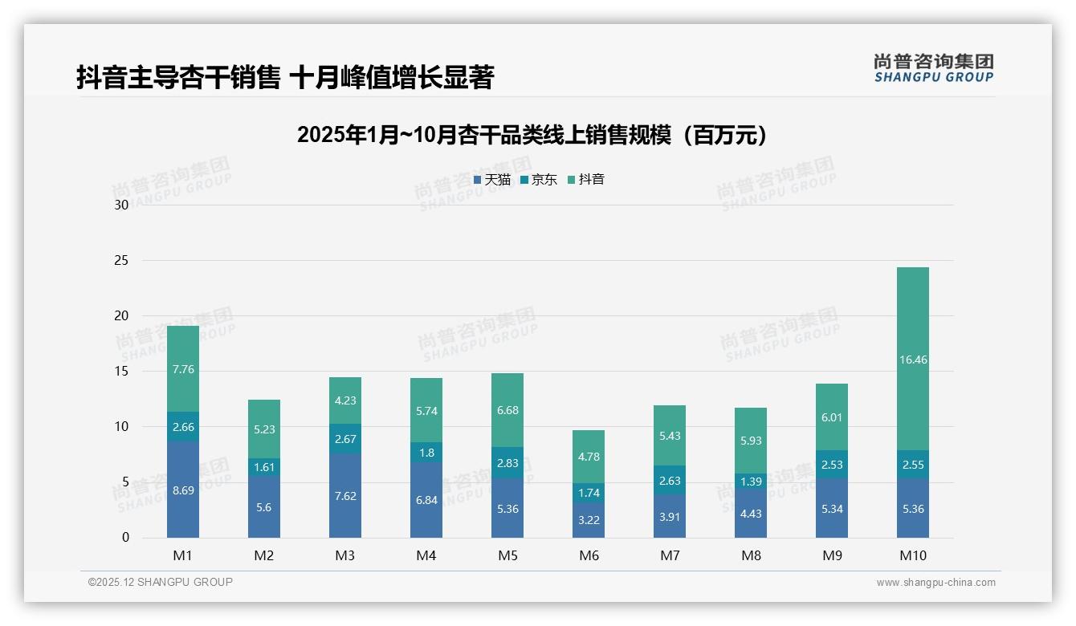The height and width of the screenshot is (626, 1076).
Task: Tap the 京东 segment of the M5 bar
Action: [x=507, y=463]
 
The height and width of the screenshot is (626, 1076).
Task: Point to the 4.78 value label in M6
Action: [x=589, y=457]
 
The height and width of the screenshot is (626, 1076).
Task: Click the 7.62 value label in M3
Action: [x=345, y=496]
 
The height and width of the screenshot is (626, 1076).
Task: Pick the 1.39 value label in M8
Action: [x=751, y=481]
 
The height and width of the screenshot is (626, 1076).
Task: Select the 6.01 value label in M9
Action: [x=832, y=417]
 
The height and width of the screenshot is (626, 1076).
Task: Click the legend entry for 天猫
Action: [x=491, y=180]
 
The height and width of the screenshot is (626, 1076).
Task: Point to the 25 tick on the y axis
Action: [x=121, y=261]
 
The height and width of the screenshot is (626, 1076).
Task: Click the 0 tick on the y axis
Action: [x=125, y=538]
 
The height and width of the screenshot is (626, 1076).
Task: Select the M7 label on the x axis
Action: [x=670, y=555]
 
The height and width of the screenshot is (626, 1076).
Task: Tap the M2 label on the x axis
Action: [x=264, y=555]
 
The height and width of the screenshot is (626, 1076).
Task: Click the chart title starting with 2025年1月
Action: [x=532, y=135]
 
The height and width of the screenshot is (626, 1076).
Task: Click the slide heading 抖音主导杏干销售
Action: [x=285, y=77]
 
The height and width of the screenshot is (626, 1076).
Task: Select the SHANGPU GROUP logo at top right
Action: [x=933, y=67]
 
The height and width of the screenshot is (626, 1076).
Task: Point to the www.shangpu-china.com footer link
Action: [x=935, y=583]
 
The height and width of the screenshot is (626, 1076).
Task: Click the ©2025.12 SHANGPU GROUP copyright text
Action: [x=161, y=582]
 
